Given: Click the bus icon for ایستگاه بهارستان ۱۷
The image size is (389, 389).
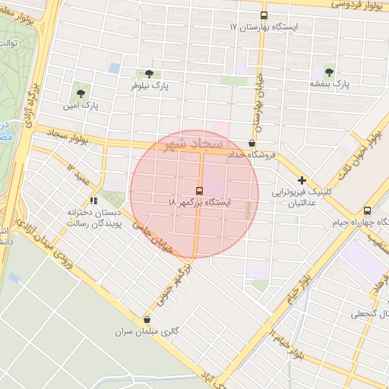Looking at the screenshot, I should click(264, 15).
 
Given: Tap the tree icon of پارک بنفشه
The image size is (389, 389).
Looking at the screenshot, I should click(329, 71).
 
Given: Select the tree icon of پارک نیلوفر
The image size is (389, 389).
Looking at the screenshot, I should click(147, 74).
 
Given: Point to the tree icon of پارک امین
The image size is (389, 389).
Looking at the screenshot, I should click(81, 93).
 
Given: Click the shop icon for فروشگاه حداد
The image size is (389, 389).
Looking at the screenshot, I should click(252, 143).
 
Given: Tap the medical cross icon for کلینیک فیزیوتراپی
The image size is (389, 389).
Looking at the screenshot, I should click(302, 180).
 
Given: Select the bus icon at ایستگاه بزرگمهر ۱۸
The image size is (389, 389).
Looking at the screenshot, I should click(199, 190).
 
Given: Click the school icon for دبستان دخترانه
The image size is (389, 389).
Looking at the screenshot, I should click(93, 201).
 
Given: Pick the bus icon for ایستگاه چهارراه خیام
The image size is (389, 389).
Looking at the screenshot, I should click(368, 210).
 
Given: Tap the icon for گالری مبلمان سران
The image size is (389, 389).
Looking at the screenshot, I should click(147, 321).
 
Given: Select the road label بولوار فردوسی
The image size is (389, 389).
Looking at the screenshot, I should click(356, 5).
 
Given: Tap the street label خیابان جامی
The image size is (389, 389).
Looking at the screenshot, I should click(154, 237).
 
